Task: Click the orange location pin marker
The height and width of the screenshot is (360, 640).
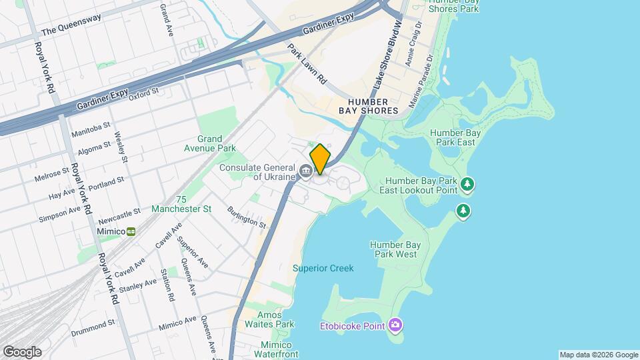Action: [x=320, y=159]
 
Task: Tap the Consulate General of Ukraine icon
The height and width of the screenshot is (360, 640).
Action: [x=306, y=171]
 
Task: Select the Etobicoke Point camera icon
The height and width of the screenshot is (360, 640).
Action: [x=395, y=325]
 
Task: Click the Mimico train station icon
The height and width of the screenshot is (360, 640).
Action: [x=131, y=231]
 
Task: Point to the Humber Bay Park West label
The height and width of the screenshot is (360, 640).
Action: [x=393, y=249]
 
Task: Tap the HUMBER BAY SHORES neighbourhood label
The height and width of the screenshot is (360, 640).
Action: [x=368, y=105]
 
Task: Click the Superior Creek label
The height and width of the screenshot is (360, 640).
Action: [x=323, y=268]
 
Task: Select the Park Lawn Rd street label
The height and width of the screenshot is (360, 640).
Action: [x=307, y=64]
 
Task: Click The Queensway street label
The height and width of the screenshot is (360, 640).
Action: [x=71, y=25]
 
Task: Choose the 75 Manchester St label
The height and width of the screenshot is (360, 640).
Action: [x=181, y=204]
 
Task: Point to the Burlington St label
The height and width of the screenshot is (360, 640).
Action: [x=246, y=217]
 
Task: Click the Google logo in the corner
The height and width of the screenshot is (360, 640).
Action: [x=22, y=351]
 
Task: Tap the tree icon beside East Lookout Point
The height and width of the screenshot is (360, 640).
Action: [x=467, y=183]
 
